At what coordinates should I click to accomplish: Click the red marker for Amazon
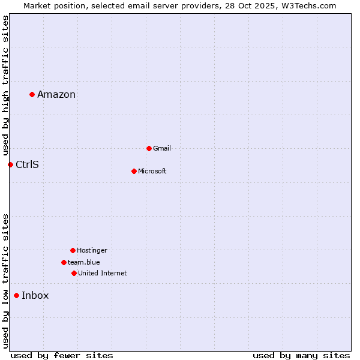32,94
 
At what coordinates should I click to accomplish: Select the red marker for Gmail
149,148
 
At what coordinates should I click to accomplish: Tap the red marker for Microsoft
134,171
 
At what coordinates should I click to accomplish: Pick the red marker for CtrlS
10,164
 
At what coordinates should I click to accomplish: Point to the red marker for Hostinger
73,250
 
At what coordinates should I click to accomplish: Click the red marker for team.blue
64,262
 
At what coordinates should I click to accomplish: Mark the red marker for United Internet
74,273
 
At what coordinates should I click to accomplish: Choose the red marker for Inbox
16,295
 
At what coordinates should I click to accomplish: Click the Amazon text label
56,94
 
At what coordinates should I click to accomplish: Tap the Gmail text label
162,148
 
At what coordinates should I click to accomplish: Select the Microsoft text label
152,171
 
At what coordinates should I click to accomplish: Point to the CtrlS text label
27,164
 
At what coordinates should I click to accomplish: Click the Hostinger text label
92,250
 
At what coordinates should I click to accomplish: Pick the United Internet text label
103,273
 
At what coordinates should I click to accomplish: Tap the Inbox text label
35,295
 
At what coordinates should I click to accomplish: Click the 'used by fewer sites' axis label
62,355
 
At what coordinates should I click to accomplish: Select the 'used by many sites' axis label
301,355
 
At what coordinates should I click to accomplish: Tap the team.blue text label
84,262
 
